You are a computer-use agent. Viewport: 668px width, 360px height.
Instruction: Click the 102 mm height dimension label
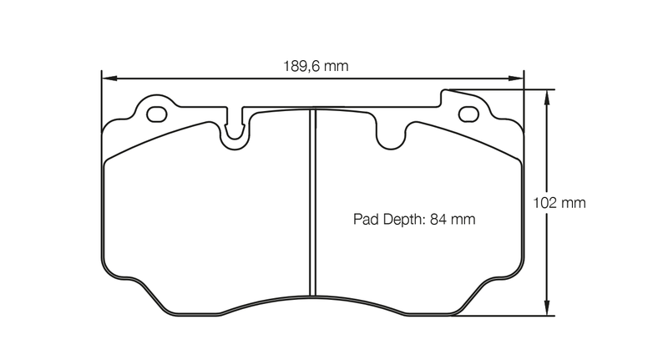pyautogui.click(x=560, y=203)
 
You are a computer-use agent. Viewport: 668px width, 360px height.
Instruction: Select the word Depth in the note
pyautogui.click(x=403, y=221)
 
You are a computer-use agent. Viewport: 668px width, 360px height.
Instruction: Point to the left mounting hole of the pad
pyautogui.click(x=155, y=112)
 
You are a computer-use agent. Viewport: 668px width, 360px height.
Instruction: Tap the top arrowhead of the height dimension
pyautogui.click(x=547, y=95)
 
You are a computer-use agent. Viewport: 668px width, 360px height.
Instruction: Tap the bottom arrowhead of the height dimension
pyautogui.click(x=547, y=310)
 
